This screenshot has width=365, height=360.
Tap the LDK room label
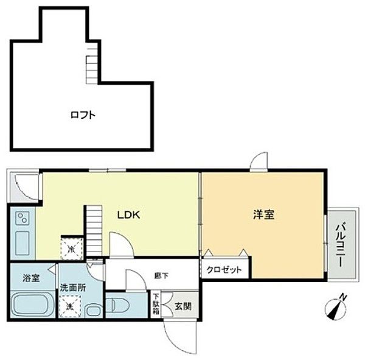(x=129, y=214)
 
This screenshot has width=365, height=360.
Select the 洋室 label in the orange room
(x=264, y=214)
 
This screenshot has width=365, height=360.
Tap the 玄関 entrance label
(x=182, y=306)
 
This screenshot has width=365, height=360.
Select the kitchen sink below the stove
(x=22, y=243)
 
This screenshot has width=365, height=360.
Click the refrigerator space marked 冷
(x=71, y=249)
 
